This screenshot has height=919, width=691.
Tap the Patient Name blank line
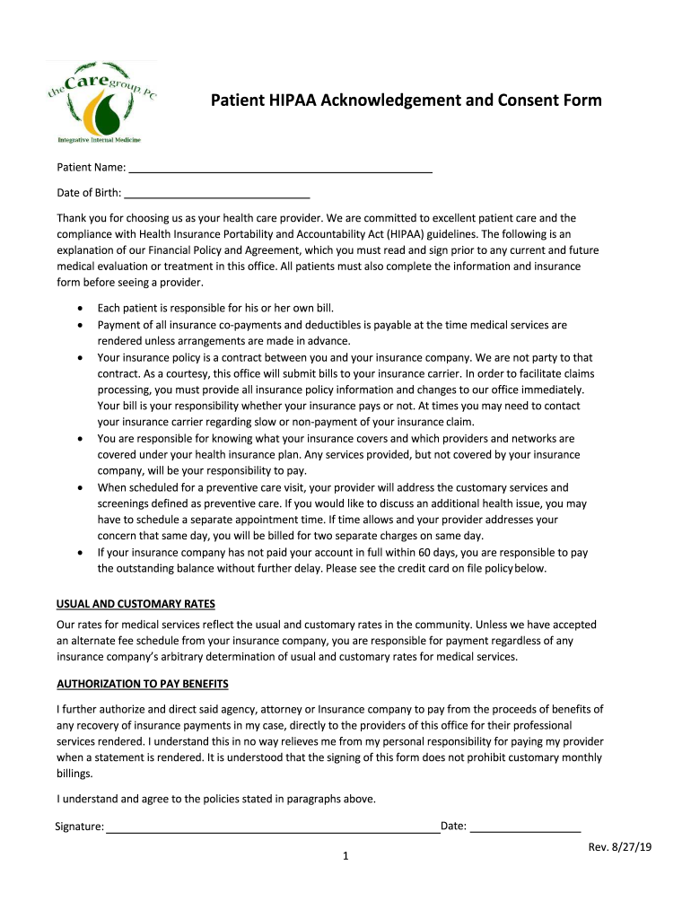click(280, 168)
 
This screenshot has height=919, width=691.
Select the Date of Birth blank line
click(216, 193)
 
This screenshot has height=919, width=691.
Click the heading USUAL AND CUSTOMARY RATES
click(136, 603)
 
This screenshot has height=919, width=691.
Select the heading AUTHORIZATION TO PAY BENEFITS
click(143, 684)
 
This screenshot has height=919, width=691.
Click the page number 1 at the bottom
click(345, 856)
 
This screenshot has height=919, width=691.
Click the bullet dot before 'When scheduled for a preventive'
click(82, 488)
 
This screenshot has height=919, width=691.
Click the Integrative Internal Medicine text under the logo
click(99, 140)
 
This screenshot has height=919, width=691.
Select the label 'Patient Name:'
click(91, 167)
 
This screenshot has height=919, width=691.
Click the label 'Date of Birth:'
click(89, 192)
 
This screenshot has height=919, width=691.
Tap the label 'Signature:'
click(79, 827)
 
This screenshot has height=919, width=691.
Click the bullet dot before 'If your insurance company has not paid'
click(82, 553)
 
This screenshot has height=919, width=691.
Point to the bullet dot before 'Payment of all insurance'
click(82, 325)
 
